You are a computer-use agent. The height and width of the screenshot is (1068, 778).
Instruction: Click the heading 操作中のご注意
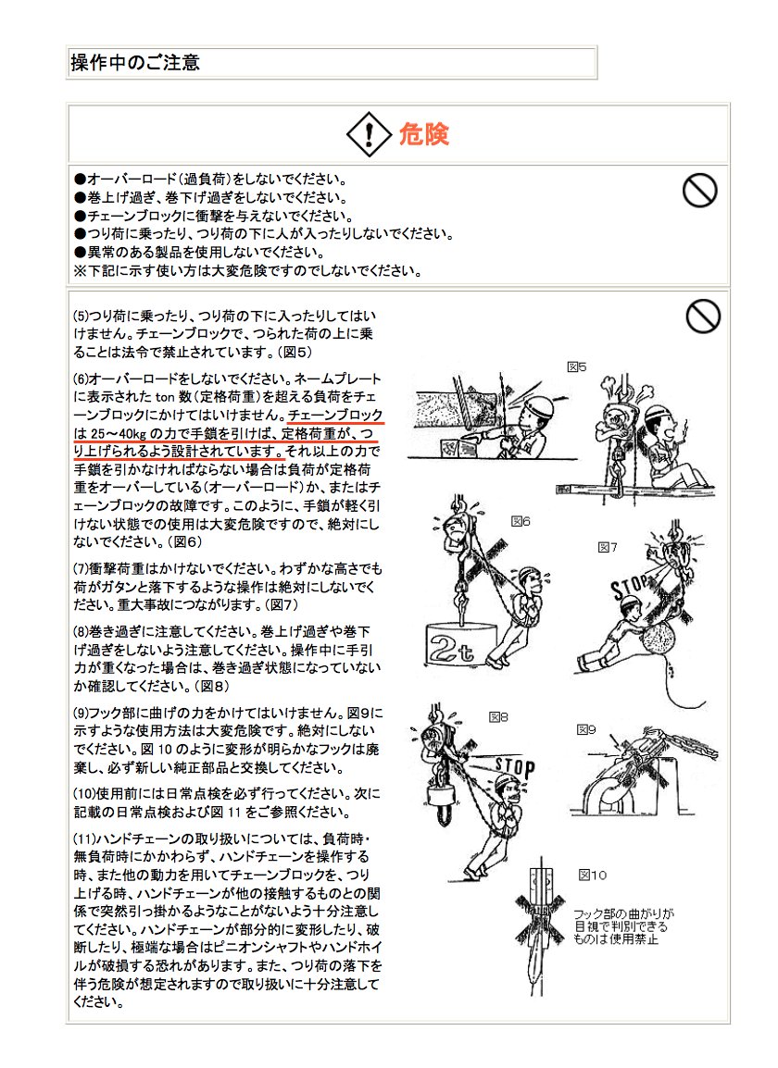click(x=135, y=63)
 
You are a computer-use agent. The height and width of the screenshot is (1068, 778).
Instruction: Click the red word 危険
click(x=423, y=135)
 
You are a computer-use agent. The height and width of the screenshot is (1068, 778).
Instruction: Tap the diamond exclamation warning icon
click(x=370, y=135)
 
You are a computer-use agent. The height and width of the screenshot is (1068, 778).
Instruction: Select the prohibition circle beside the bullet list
click(x=699, y=191)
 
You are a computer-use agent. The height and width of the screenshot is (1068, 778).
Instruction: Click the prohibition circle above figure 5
click(x=703, y=316)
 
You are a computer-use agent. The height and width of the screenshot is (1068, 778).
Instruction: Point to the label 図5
click(x=577, y=366)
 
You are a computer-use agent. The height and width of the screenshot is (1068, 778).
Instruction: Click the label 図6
click(x=521, y=521)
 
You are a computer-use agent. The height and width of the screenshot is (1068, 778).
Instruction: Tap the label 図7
click(x=607, y=547)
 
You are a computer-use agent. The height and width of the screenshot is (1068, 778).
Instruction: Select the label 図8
click(x=498, y=716)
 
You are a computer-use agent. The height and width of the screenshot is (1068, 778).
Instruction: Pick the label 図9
click(x=586, y=729)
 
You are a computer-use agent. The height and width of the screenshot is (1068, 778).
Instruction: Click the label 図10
click(x=593, y=874)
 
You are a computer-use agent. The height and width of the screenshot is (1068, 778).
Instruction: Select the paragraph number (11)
click(x=84, y=838)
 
